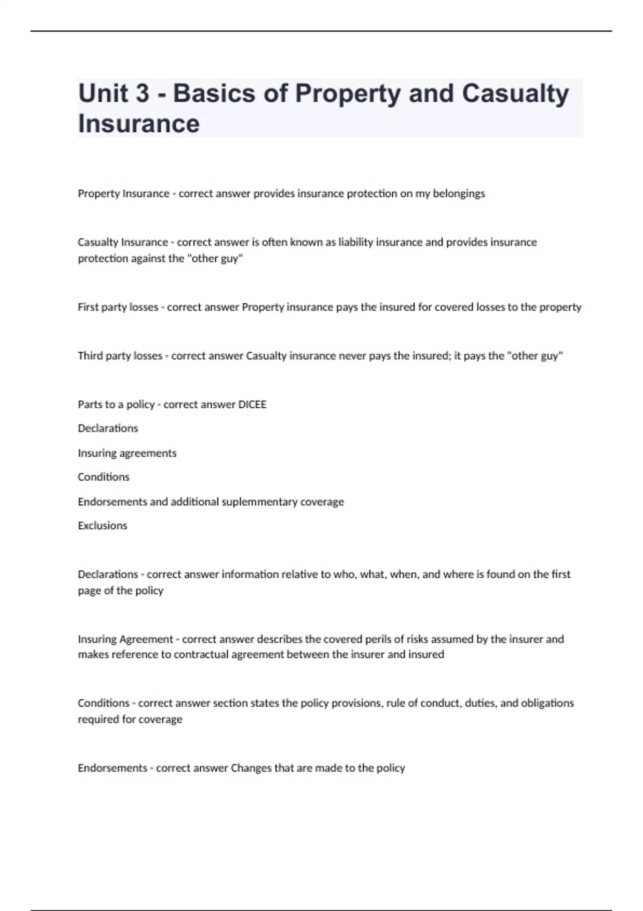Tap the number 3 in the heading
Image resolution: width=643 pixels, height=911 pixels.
(142, 93)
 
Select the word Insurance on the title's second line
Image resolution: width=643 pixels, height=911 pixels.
(139, 123)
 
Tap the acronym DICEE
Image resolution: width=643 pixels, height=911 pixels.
(252, 405)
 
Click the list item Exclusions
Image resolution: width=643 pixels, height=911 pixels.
(102, 526)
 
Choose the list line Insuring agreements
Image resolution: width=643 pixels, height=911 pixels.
(127, 453)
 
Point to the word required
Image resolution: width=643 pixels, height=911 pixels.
(98, 719)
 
